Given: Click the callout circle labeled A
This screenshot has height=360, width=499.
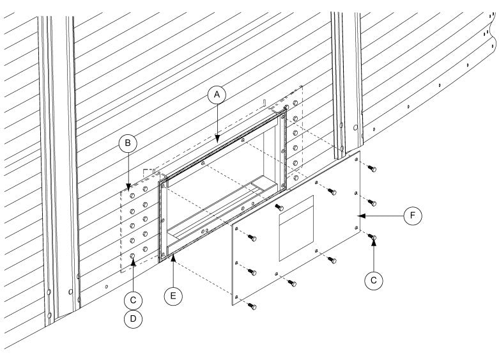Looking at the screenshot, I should tap(217, 95).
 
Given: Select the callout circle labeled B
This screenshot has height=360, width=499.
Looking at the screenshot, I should tap(128, 145).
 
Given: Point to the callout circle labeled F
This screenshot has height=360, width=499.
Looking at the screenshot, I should tap(413, 216).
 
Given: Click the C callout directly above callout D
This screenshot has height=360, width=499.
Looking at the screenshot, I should tap(132, 299).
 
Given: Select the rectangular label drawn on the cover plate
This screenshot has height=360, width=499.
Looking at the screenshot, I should tap(296, 228).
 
